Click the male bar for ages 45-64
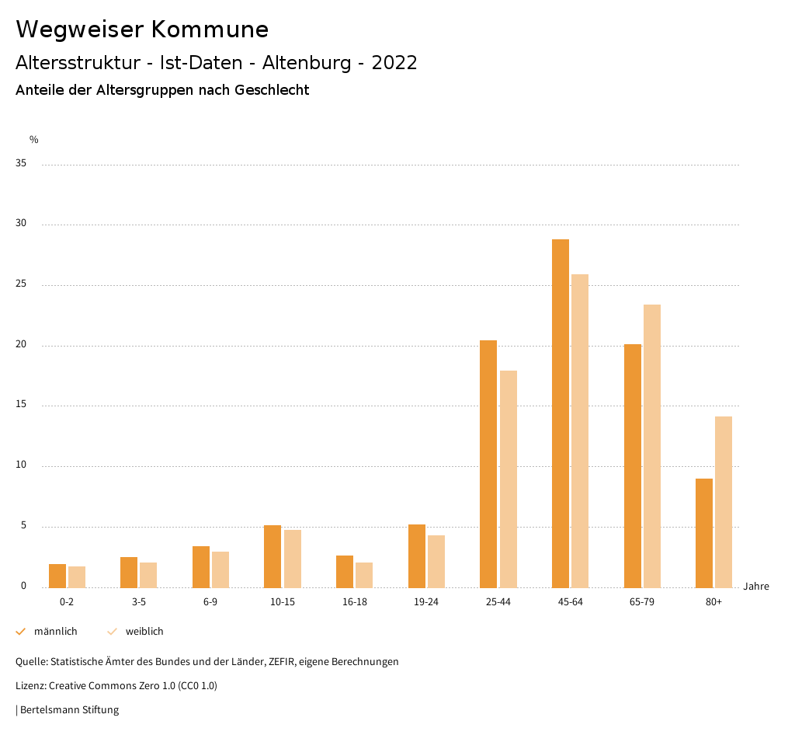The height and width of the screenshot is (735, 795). point(561,413)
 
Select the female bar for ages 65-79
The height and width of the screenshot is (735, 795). point(652,446)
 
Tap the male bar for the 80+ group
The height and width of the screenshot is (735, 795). point(704,533)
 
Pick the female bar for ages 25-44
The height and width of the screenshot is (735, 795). point(509,479)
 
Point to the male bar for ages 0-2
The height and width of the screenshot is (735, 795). point(57,576)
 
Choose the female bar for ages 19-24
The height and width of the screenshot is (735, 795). point(436,561)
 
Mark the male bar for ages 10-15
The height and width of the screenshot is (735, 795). point(273,556)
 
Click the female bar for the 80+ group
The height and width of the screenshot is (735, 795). point(724,502)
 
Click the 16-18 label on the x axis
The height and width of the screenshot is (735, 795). point(354,602)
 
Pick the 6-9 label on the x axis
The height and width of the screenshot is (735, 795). point(210,602)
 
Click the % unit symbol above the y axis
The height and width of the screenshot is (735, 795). point(34,140)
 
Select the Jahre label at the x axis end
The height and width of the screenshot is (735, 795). point(756,587)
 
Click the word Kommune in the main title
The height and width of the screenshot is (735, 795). point(210,30)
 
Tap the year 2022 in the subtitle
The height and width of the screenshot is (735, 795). point(394,63)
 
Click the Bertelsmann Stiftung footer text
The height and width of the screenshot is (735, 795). point(69,709)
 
